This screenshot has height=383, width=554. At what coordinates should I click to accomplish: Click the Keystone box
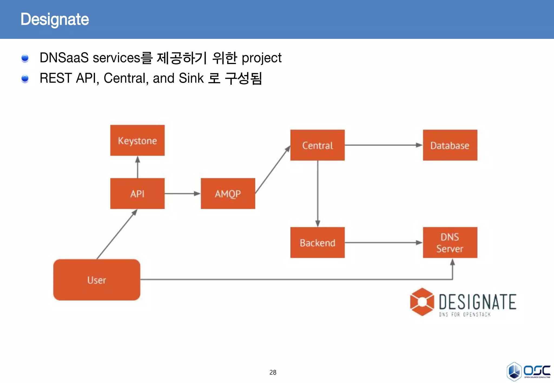pyautogui.click(x=137, y=140)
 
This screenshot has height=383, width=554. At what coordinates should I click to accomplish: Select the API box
pyautogui.click(x=137, y=193)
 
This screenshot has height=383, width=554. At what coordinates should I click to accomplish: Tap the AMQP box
pyautogui.click(x=228, y=193)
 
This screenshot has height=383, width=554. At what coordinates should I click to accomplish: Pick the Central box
pyautogui.click(x=317, y=145)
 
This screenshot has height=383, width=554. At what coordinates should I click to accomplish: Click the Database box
pyautogui.click(x=450, y=145)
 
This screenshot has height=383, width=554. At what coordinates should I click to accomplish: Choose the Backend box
pyautogui.click(x=317, y=243)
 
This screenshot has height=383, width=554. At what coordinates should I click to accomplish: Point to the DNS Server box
pyautogui.click(x=450, y=243)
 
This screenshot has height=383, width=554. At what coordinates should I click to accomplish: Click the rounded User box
pyautogui.click(x=97, y=280)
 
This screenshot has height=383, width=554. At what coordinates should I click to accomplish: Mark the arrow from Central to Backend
pyautogui.click(x=318, y=193)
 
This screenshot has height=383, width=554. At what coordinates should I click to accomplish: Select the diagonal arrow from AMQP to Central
pyautogui.click(x=272, y=170)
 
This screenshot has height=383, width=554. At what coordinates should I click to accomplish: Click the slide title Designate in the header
pyautogui.click(x=55, y=19)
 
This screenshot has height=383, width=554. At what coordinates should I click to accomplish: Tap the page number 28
pyautogui.click(x=273, y=372)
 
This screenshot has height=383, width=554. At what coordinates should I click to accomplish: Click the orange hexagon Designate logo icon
pyautogui.click(x=422, y=302)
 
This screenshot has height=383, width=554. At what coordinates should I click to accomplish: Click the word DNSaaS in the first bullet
pyautogui.click(x=64, y=58)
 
